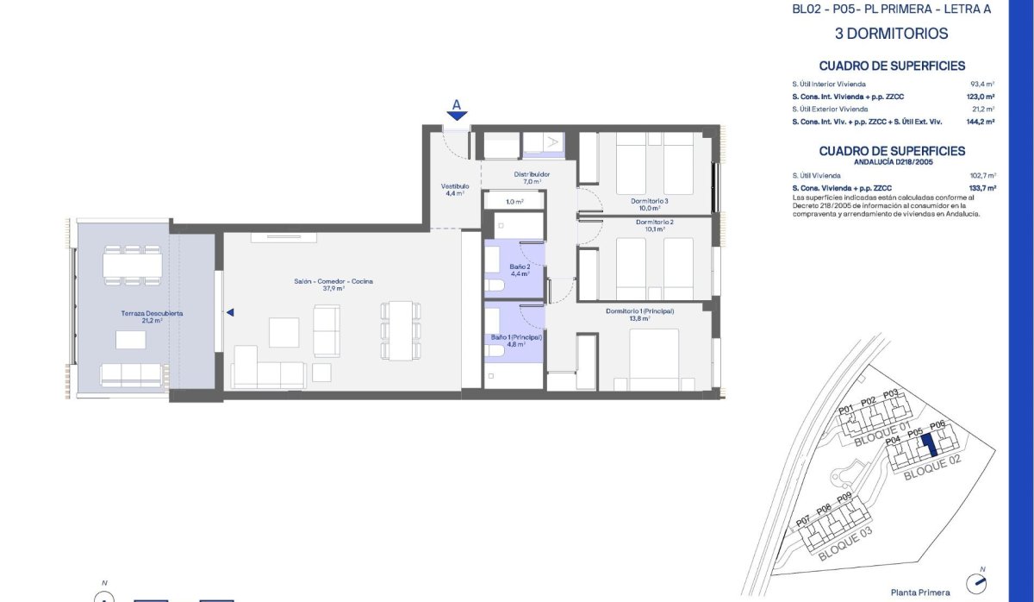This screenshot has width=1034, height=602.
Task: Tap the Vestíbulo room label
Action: (x=454, y=190)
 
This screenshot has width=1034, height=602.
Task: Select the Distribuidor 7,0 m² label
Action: (x=532, y=178)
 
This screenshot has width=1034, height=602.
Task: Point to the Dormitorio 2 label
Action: (x=654, y=226)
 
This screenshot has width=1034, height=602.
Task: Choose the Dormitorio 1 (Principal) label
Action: (x=639, y=314)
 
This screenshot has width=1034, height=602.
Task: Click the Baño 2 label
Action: (x=520, y=270)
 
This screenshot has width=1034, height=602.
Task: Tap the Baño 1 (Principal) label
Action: (x=516, y=341)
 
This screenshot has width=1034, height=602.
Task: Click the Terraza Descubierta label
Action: (x=152, y=317)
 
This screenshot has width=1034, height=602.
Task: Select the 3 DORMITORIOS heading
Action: (x=891, y=34)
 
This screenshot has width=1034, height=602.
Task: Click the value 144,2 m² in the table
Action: (x=981, y=122)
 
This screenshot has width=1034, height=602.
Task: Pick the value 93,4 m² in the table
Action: (x=982, y=85)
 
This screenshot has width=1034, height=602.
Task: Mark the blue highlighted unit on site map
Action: (x=929, y=447)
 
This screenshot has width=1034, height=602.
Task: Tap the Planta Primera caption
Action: (x=920, y=593)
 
